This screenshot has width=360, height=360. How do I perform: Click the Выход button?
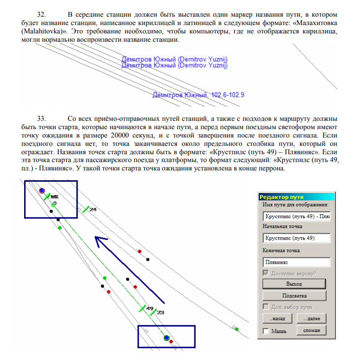pos(294,283)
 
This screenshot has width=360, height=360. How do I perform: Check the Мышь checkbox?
pos(266,331)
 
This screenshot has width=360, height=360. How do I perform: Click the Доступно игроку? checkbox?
pos(266,273)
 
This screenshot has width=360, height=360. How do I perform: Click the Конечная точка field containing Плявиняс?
pos(296,262)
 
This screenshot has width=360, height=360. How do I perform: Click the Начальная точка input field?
pos(296,238)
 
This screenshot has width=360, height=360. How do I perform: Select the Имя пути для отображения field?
pos(296,216)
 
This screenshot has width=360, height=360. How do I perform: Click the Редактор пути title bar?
pos(294,196)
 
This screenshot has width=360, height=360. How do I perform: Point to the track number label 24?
pos(92,210)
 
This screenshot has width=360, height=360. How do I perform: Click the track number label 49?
pos(150,309)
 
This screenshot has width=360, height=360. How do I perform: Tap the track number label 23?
pos(160,312)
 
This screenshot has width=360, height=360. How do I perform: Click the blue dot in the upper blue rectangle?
pos(42,190)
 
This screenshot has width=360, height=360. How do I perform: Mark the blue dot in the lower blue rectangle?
pos(166,338)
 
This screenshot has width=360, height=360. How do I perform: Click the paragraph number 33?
pos(42,119)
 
